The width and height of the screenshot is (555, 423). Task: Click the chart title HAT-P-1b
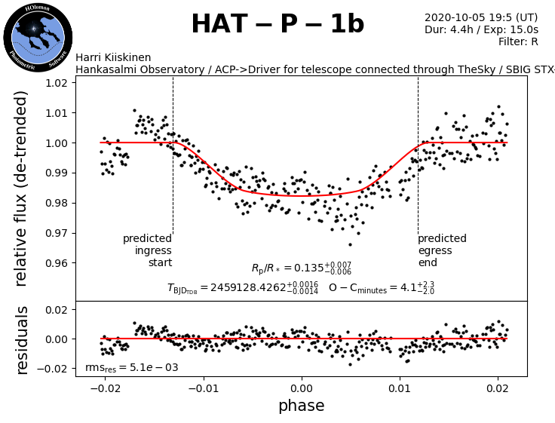click(277, 24)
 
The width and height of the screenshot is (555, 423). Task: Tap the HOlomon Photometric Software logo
click(38, 38)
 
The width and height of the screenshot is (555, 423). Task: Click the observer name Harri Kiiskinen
click(113, 58)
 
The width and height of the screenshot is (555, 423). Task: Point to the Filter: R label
click(518, 42)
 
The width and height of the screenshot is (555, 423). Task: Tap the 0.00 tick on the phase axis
click(302, 388)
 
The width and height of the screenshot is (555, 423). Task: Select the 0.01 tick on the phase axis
click(400, 388)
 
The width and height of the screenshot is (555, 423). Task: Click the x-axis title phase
click(302, 406)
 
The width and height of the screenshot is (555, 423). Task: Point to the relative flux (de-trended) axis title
click(21, 188)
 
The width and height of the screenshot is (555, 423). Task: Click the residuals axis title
click(21, 339)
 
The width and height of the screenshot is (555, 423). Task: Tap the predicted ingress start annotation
click(148, 250)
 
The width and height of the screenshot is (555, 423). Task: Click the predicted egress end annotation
click(442, 250)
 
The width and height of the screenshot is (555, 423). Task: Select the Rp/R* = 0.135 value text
click(302, 268)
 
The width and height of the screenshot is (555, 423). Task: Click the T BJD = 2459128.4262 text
click(243, 287)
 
